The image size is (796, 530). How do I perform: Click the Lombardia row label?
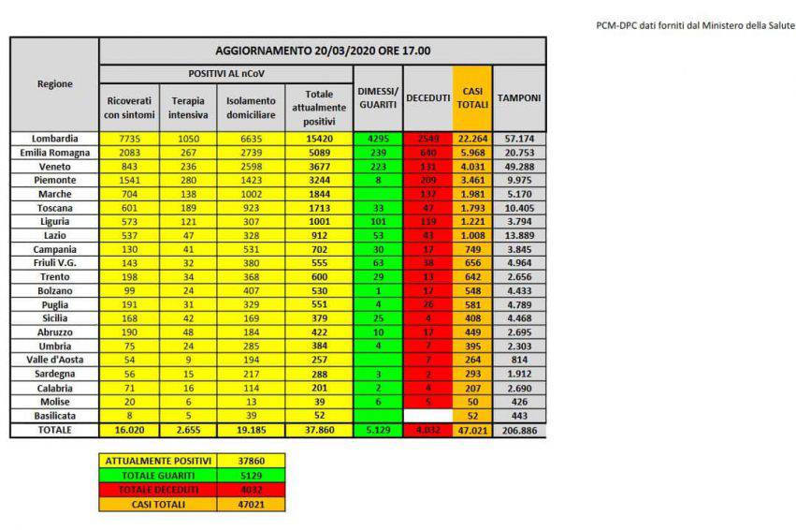pyautogui.click(x=54, y=139)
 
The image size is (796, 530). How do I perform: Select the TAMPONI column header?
pyautogui.click(x=519, y=98)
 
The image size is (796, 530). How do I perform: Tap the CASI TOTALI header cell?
pyautogui.click(x=471, y=98)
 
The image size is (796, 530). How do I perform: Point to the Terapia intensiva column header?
pyautogui.click(x=188, y=108)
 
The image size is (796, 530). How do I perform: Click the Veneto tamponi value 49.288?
pyautogui.click(x=519, y=168)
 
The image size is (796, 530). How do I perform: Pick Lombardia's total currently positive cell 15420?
pyautogui.click(x=319, y=139)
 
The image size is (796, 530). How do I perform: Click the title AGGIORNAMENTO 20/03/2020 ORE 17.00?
pyautogui.click(x=323, y=51)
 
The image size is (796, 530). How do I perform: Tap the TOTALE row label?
pyautogui.click(x=54, y=430)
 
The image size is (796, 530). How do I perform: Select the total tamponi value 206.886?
pyautogui.click(x=519, y=430)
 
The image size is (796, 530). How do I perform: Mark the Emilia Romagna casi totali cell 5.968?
pyautogui.click(x=471, y=153)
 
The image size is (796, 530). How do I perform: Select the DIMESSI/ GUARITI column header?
pyautogui.click(x=378, y=98)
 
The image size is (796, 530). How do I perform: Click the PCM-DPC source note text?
pyautogui.click(x=692, y=25)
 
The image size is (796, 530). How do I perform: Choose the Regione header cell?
pyautogui.click(x=54, y=84)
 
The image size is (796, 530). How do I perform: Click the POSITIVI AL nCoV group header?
pyautogui.click(x=225, y=72)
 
